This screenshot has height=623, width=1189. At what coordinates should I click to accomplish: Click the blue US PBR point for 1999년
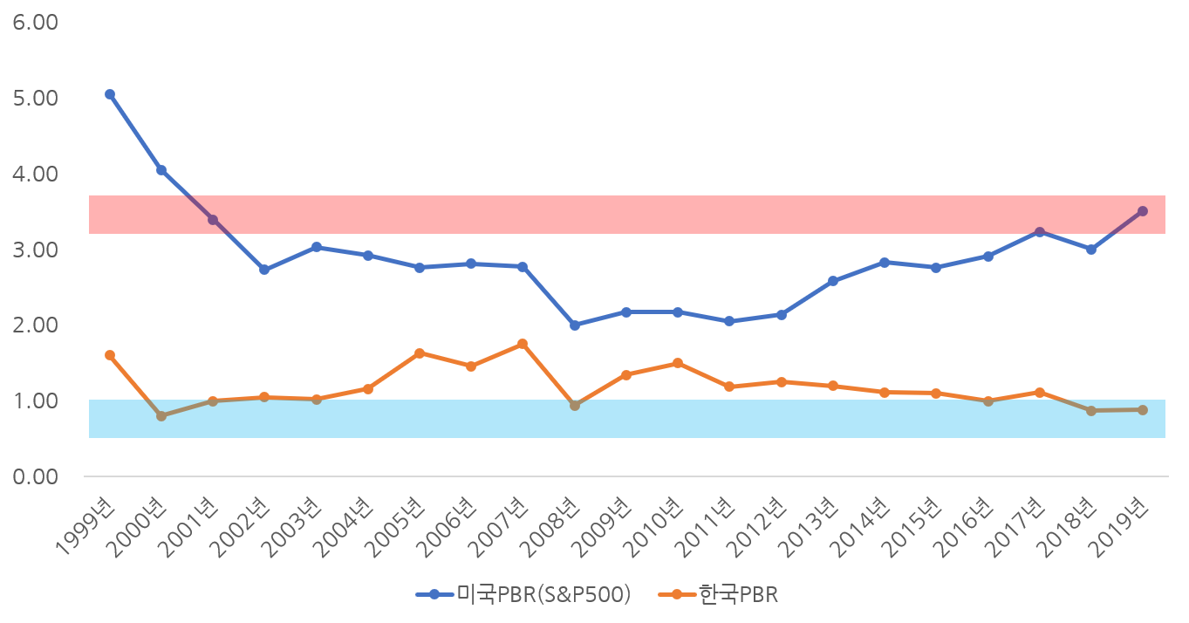tap(110, 94)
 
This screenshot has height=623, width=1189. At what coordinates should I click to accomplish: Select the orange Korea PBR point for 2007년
tap(523, 344)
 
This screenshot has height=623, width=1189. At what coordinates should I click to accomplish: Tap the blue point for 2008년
tap(575, 325)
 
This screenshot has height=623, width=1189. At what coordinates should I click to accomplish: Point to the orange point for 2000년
tap(161, 416)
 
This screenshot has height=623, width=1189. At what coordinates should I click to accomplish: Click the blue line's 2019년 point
tap(1143, 211)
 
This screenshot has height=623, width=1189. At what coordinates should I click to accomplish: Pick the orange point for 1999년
tap(110, 355)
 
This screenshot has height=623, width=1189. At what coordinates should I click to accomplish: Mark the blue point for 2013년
tap(833, 281)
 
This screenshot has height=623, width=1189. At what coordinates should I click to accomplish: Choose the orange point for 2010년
tap(678, 363)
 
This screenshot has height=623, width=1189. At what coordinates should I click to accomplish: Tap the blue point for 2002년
tap(264, 270)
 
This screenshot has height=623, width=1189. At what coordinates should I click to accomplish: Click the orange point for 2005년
tap(420, 353)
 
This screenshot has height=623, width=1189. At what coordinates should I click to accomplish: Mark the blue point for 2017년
tap(1040, 232)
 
